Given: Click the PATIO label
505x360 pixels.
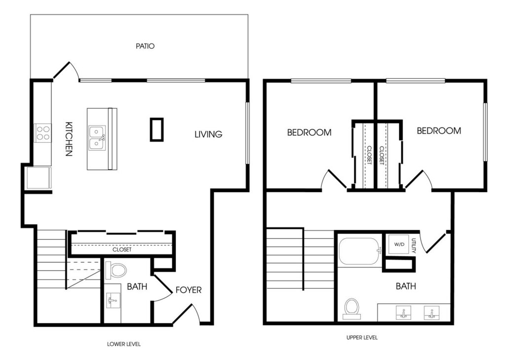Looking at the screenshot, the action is [145, 46].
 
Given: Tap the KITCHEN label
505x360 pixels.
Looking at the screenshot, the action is [69, 139].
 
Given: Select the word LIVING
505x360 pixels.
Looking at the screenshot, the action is [208, 134].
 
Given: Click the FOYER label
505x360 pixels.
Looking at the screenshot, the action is [189, 290].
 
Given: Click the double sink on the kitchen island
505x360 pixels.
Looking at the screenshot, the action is [97, 138].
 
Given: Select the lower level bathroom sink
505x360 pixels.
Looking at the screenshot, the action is [113, 301].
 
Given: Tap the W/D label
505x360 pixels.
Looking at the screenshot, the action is [399, 244].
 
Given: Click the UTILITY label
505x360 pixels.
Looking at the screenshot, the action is [414, 245].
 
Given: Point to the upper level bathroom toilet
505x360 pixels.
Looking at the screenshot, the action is [351, 309].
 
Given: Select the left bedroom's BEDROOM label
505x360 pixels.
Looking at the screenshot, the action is [309, 132].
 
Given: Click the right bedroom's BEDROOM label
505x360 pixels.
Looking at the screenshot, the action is [439, 131].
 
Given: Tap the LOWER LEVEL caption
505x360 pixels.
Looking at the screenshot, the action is [124, 344].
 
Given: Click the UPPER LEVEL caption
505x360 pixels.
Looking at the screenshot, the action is [362, 337].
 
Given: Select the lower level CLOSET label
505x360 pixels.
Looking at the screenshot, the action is [122, 250].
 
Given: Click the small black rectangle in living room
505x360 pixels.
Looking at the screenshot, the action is [156, 129].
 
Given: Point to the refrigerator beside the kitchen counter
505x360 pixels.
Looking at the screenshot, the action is [39, 178].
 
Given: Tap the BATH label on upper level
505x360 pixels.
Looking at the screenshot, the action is [406, 286].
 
